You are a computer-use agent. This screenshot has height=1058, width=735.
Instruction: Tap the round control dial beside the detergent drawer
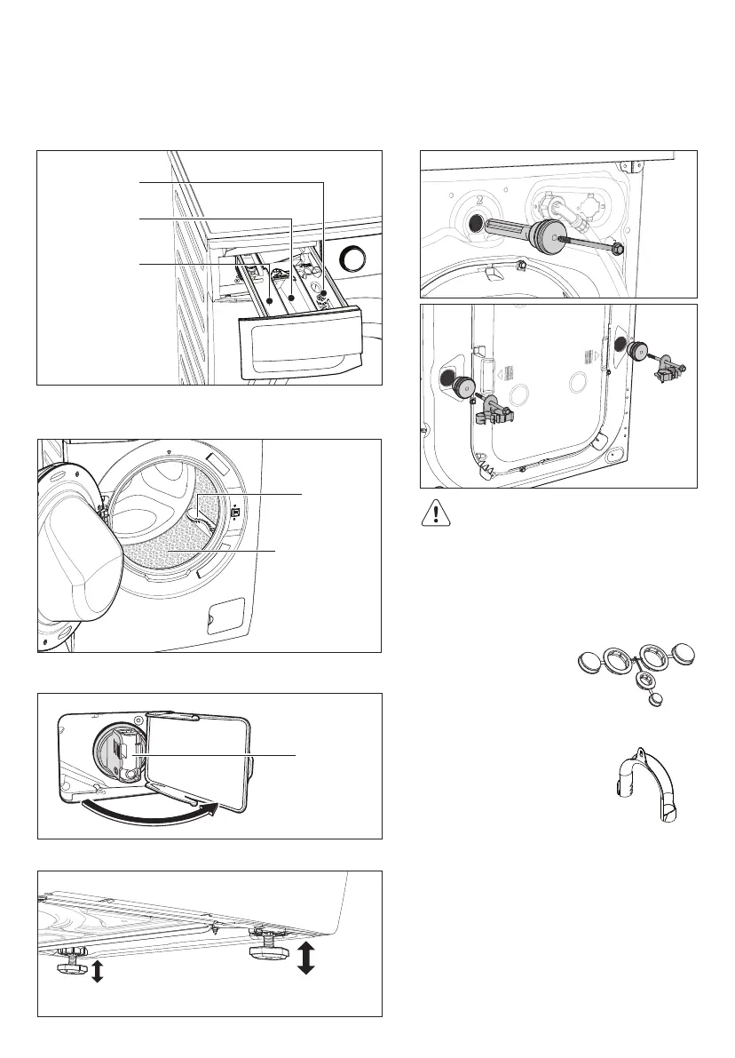354,259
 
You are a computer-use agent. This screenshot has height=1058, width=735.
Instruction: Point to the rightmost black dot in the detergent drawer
324,294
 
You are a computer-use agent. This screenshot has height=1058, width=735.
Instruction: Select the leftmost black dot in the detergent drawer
269,302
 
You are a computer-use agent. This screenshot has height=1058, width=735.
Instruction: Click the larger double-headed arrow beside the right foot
305,959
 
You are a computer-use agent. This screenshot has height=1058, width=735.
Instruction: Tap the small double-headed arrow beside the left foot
98,972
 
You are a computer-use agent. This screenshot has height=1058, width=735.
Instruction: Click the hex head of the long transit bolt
616,251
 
